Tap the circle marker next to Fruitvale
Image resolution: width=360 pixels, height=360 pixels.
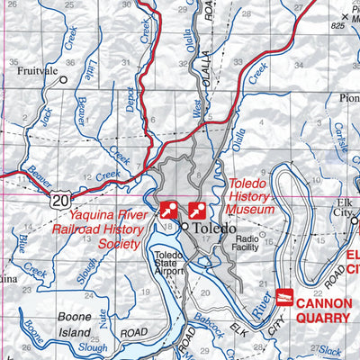tap(64, 79)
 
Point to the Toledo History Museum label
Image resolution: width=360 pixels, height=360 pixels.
tap(249, 195)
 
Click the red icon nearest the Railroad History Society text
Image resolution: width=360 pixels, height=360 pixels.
tap(167, 211)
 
